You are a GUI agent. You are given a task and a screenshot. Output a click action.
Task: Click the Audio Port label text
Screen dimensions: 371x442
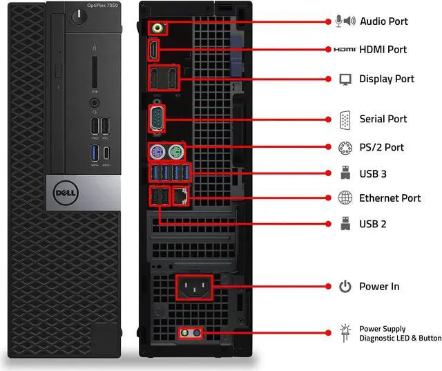(x=384, y=21)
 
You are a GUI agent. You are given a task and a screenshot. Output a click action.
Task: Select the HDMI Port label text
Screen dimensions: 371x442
(x=383, y=50)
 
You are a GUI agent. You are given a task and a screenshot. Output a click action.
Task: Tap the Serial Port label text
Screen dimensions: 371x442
(x=383, y=119)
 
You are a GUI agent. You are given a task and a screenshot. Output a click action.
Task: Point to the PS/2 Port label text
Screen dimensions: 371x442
(x=381, y=147)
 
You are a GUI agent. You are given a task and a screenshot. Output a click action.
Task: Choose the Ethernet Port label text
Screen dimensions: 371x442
(x=390, y=198)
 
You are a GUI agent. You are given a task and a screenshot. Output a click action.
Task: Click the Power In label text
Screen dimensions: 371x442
(x=378, y=286)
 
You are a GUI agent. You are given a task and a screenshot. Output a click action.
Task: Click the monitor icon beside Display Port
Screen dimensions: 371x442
(x=345, y=79)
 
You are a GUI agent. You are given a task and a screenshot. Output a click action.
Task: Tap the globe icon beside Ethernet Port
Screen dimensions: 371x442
(x=345, y=198)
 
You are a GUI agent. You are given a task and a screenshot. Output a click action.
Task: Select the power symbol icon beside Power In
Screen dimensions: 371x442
(x=345, y=286)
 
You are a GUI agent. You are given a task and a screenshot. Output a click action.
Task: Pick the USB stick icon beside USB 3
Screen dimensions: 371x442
(x=345, y=173)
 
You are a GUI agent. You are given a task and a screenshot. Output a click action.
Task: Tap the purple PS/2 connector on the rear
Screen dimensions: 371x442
(x=156, y=151)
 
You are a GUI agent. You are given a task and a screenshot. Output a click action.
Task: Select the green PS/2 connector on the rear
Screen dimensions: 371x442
(x=177, y=151)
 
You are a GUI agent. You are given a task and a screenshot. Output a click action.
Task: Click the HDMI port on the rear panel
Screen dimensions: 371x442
(x=153, y=50)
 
